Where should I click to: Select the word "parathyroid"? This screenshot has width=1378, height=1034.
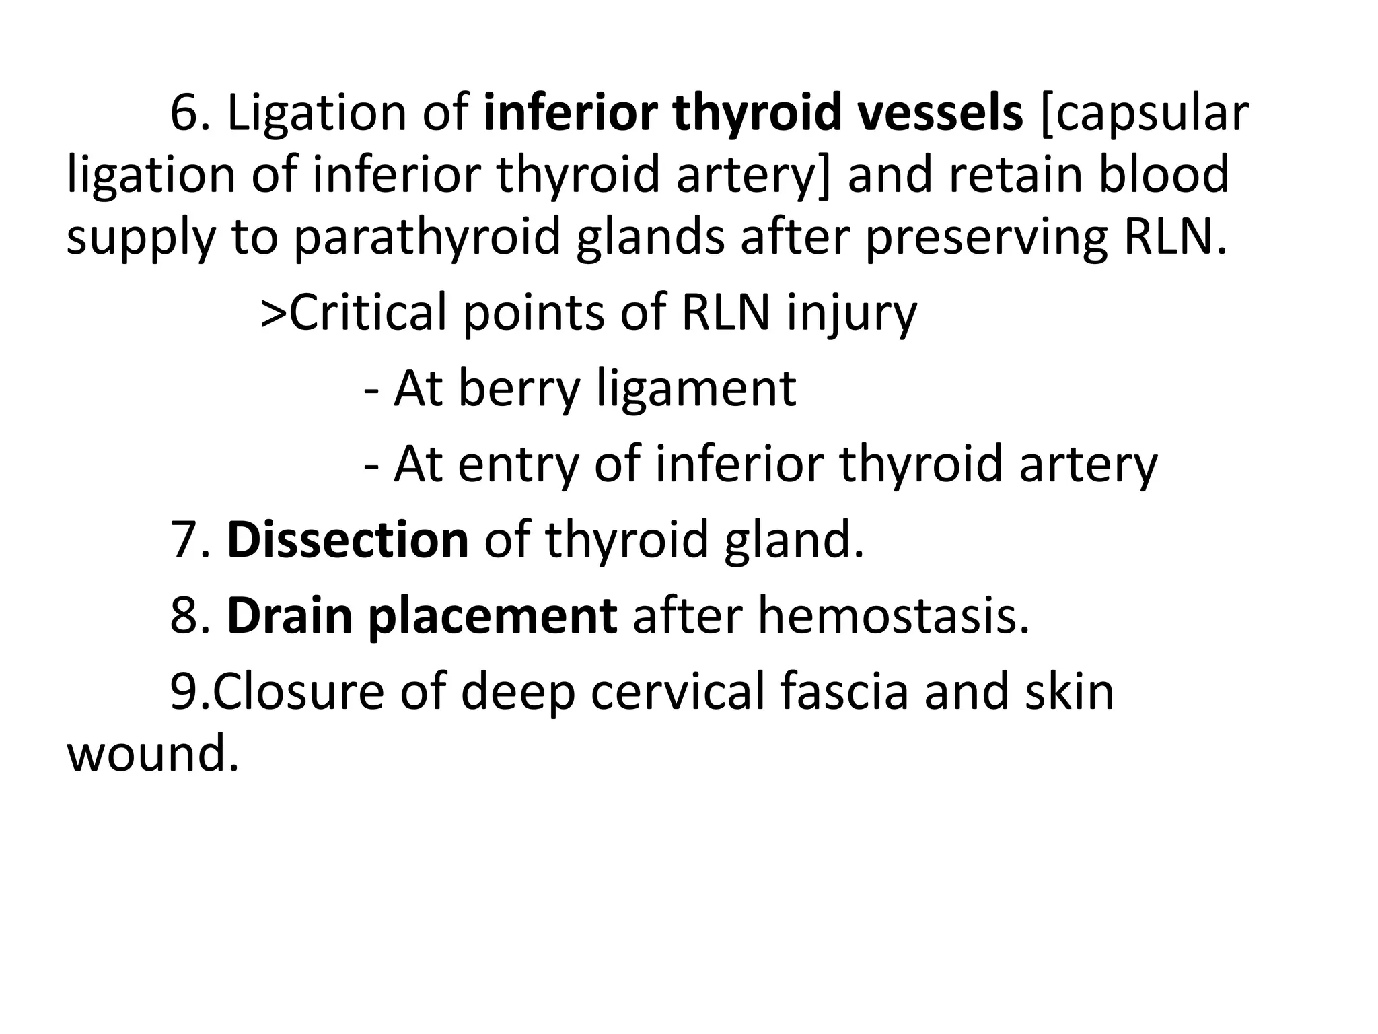pyautogui.click(x=427, y=238)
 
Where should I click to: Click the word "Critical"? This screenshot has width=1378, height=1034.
pyautogui.click(x=369, y=312)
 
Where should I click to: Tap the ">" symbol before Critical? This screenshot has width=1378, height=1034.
pyautogui.click(x=274, y=314)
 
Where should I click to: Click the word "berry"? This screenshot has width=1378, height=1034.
pyautogui.click(x=518, y=389)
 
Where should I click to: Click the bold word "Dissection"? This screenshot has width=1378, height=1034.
pyautogui.click(x=347, y=540)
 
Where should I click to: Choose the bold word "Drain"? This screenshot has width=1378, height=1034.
pyautogui.click(x=289, y=615)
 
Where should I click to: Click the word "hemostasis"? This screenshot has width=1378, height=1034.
pyautogui.click(x=894, y=615)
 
